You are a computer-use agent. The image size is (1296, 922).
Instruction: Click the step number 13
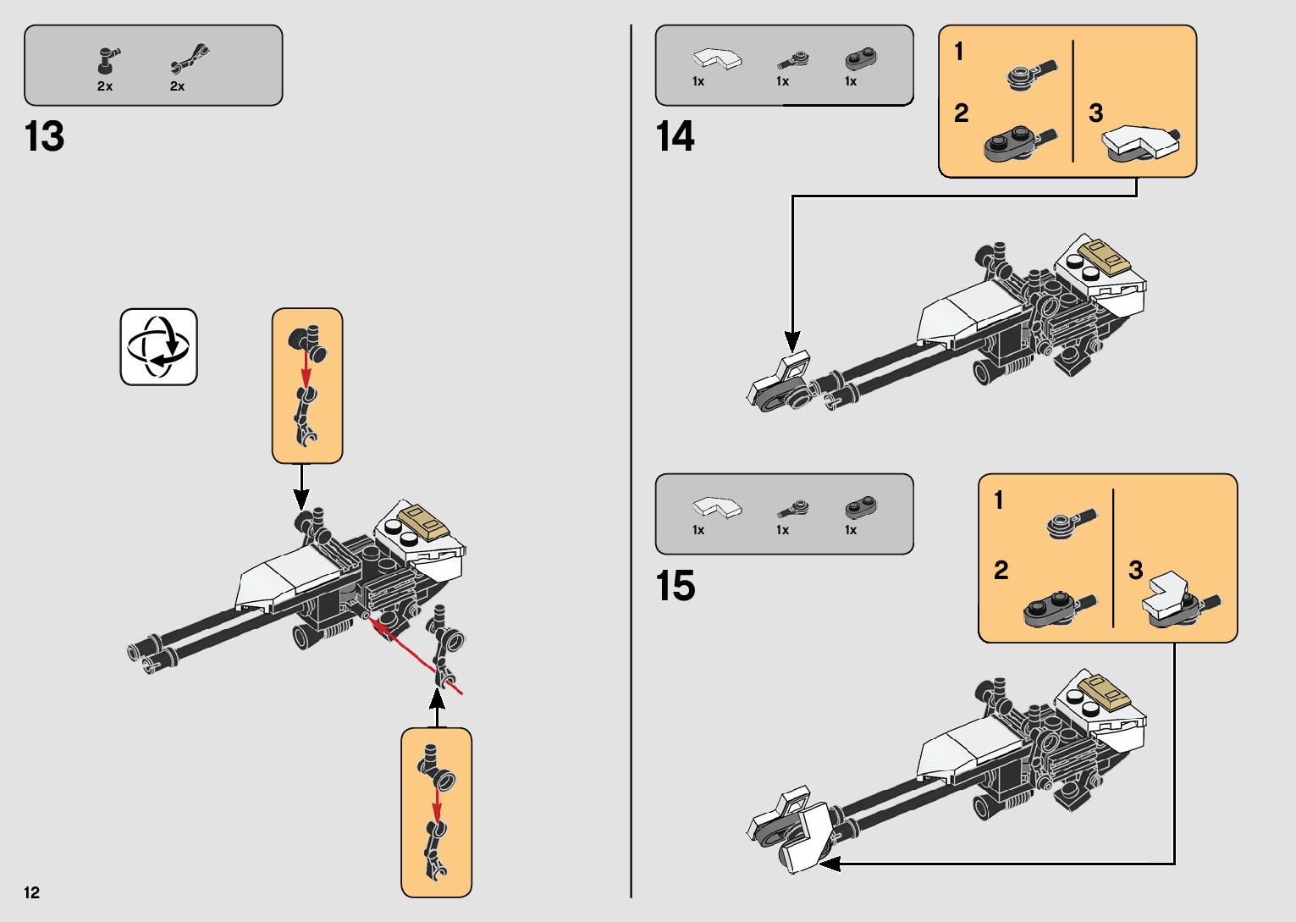click(45, 137)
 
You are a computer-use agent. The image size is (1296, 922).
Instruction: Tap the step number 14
click(675, 137)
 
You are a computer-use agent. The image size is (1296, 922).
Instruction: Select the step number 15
click(675, 586)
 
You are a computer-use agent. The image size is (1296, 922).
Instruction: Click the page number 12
click(32, 892)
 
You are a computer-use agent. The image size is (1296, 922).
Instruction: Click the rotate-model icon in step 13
click(158, 347)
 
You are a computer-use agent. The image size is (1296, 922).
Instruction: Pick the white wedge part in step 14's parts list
click(716, 59)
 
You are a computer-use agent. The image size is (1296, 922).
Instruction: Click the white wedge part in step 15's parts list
click(716, 507)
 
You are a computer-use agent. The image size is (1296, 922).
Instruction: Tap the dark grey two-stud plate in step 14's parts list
click(861, 59)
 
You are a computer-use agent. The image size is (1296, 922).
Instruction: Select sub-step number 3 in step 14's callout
click(1095, 113)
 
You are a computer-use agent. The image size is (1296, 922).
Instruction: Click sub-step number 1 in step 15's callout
click(999, 500)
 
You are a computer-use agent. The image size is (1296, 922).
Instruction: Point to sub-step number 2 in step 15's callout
click(1001, 570)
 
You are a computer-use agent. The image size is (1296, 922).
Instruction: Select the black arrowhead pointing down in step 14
click(792, 341)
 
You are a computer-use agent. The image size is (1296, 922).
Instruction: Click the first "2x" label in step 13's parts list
click(105, 86)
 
